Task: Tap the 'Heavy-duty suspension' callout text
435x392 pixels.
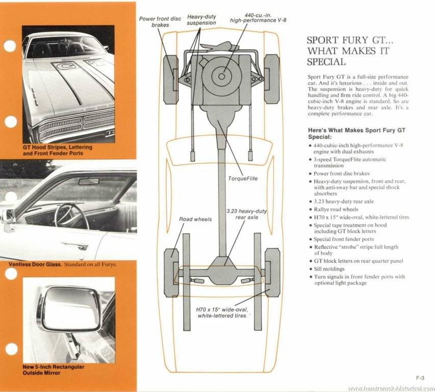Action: point(201,20)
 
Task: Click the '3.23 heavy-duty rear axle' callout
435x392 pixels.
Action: point(247,214)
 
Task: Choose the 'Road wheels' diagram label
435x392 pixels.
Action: point(195,219)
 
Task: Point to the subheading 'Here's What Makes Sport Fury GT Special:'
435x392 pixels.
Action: point(357,133)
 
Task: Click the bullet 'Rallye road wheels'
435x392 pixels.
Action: point(336,209)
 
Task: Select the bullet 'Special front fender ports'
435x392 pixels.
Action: point(344,239)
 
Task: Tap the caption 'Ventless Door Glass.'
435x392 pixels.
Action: point(35,264)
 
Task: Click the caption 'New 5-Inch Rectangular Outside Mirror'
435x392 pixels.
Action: point(46,370)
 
